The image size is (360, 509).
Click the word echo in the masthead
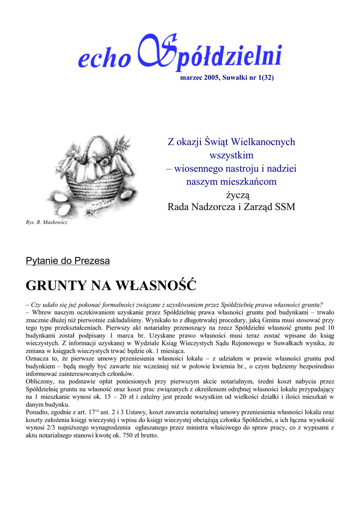point(103,59)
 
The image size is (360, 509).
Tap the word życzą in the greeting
point(231,194)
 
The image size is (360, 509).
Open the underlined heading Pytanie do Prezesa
point(68,260)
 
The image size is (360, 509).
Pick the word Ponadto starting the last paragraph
point(38,413)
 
